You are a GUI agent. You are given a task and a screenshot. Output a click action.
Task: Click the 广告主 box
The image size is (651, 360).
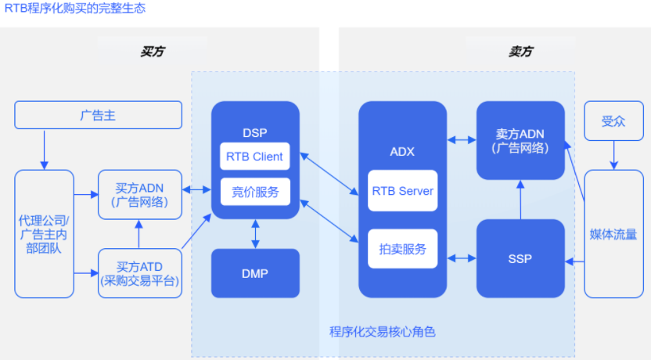click(98, 115)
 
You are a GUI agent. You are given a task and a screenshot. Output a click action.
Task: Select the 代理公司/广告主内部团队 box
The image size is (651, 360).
click(44, 234)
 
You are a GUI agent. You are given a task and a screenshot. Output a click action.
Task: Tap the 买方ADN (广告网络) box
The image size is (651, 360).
click(140, 194)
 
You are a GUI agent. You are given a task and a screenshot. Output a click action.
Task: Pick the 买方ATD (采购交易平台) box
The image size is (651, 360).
click(140, 273)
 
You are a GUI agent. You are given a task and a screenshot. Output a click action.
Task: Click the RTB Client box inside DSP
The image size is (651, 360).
click(254, 156)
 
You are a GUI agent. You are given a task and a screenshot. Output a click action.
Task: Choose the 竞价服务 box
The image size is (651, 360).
click(255, 192)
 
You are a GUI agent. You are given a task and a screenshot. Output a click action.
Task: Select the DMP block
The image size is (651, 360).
click(255, 273)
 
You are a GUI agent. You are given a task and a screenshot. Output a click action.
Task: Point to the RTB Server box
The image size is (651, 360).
click(402, 191)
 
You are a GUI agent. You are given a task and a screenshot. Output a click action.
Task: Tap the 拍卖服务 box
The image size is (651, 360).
click(402, 248)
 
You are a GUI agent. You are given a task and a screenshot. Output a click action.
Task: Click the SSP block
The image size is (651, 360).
click(520, 258)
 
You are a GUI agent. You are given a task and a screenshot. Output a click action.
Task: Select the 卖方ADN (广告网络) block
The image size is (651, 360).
click(520, 140)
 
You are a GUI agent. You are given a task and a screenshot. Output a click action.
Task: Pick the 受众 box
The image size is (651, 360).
click(613, 121)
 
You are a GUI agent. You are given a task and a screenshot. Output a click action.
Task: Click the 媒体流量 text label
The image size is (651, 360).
click(613, 235)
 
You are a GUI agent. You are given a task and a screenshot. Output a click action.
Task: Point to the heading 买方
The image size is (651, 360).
click(153, 52)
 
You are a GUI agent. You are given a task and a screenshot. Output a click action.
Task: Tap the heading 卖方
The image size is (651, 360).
click(520, 52)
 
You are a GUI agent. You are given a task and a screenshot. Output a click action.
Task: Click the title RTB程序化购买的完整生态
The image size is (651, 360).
click(75, 8)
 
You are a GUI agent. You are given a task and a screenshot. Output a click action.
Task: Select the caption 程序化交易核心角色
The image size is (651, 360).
click(383, 332)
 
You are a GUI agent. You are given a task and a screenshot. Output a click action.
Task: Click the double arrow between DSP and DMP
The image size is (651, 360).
click(255, 234)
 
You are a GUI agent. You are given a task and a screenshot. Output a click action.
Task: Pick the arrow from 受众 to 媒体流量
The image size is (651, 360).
click(613, 155)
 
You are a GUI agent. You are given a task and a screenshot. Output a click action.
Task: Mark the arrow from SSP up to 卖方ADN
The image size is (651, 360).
click(520, 200)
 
